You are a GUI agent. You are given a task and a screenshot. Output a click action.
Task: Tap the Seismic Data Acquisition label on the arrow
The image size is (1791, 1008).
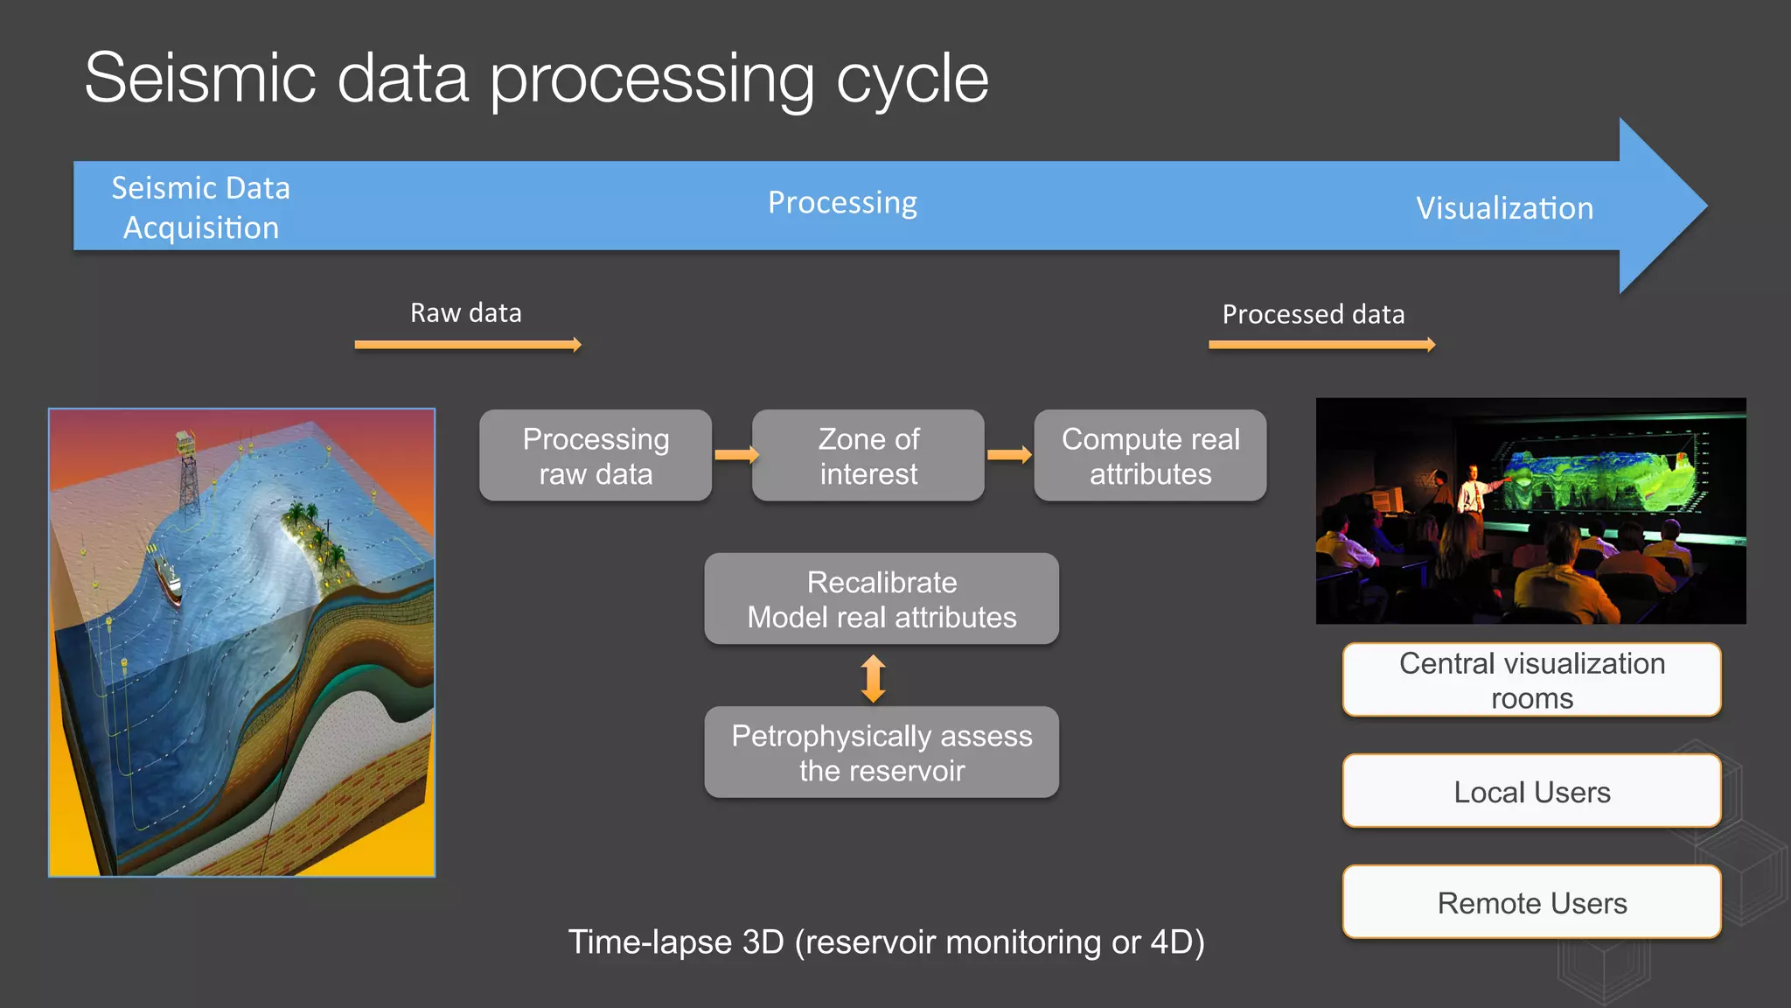click(x=200, y=207)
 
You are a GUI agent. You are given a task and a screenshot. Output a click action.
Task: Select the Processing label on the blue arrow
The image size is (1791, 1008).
click(x=842, y=202)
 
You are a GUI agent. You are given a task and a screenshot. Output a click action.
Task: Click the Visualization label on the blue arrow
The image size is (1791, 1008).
click(x=1504, y=208)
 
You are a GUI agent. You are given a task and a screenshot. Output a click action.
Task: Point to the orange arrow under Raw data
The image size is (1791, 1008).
click(x=468, y=345)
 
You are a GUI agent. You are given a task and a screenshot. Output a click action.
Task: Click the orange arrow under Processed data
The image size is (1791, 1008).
click(x=1321, y=345)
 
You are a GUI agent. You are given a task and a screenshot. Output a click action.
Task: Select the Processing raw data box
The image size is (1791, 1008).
click(x=596, y=456)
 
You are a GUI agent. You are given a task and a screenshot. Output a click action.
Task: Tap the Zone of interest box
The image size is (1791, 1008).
click(x=868, y=456)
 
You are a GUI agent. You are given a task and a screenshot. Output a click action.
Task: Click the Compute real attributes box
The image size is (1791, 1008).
click(x=1150, y=456)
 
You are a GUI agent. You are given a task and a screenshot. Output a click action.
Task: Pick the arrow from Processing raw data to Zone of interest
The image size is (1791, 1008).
click(x=735, y=455)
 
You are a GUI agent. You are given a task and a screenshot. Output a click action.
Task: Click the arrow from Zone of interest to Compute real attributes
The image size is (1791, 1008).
click(x=1008, y=455)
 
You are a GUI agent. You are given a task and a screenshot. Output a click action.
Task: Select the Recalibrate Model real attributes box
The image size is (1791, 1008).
click(x=882, y=599)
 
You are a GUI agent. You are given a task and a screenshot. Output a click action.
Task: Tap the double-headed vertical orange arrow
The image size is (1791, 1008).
click(x=873, y=679)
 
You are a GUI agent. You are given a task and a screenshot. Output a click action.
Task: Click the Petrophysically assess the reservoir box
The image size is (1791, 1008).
click(x=882, y=752)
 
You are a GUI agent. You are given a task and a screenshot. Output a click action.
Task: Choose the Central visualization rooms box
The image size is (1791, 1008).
click(x=1531, y=680)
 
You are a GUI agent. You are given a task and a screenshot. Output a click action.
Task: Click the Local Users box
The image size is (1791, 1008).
click(x=1531, y=791)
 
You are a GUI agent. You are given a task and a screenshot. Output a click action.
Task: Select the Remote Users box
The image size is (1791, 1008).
click(x=1531, y=902)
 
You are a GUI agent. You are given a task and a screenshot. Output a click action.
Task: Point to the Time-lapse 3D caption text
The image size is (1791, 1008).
click(x=886, y=941)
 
